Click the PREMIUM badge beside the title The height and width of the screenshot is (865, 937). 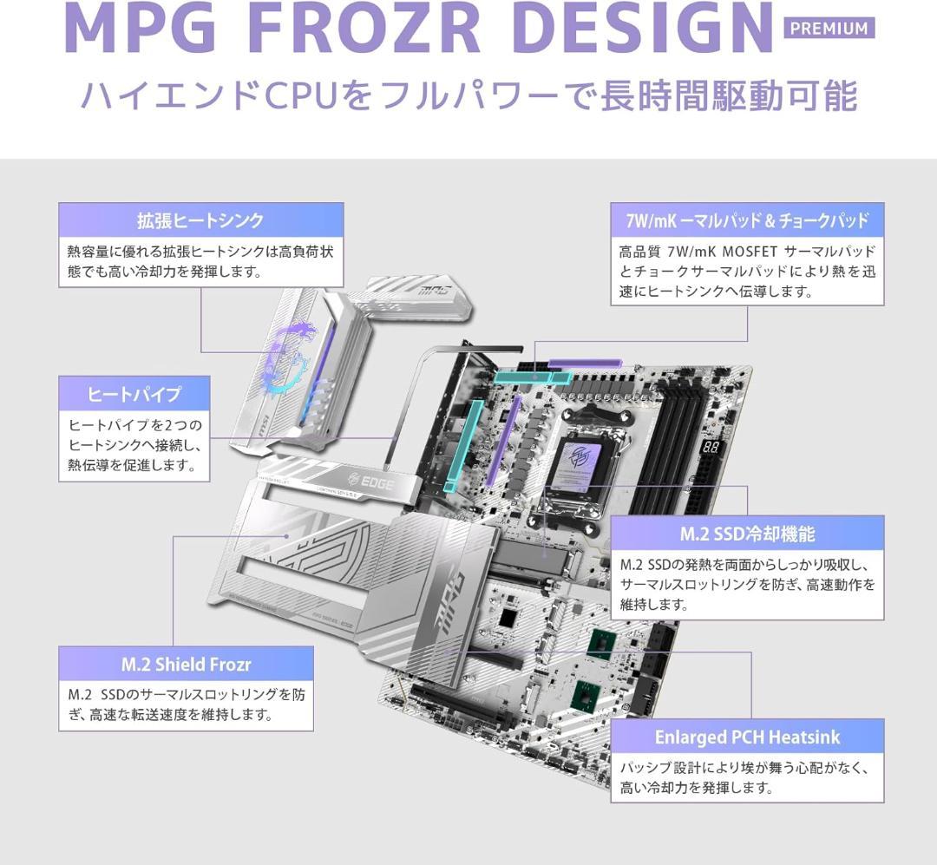[x=829, y=28]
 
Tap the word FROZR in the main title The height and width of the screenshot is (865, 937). [x=369, y=28]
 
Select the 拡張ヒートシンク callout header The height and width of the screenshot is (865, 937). [x=200, y=220]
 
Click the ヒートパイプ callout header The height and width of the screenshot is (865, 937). [x=134, y=393]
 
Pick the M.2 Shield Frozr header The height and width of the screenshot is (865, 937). [x=186, y=664]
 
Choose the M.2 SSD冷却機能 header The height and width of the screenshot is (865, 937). [x=747, y=534]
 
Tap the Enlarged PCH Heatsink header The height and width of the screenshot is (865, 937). [x=747, y=737]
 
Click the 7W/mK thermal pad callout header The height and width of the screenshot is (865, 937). [x=747, y=220]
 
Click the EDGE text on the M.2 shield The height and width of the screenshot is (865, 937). [x=371, y=482]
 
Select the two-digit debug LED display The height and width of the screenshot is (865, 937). [x=711, y=447]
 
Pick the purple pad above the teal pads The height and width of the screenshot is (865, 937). [x=585, y=363]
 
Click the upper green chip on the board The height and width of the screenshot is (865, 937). [x=602, y=644]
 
